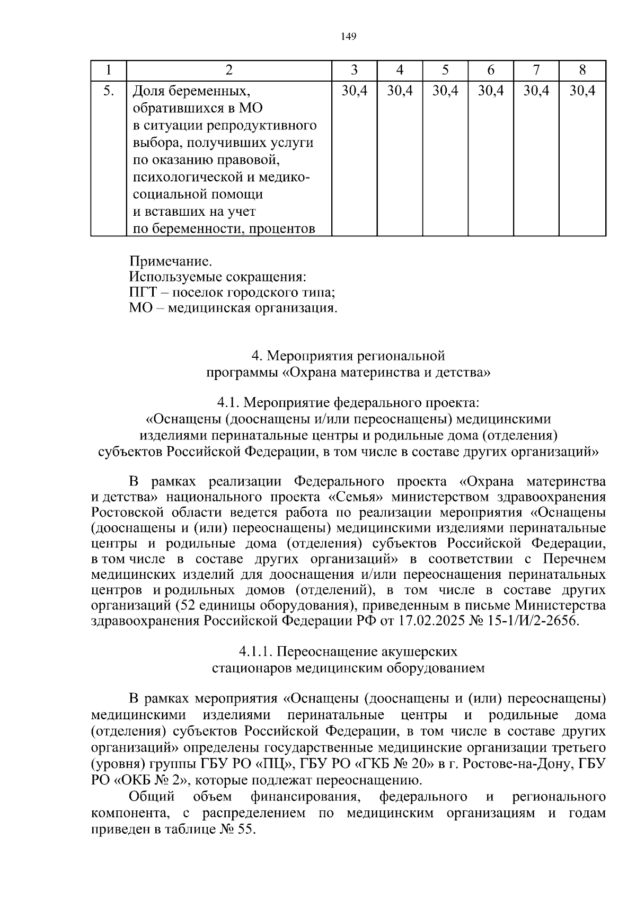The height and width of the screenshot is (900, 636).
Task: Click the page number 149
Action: click(x=349, y=36)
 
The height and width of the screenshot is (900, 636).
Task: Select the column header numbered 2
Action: click(x=228, y=70)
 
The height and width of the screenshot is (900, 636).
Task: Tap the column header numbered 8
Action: click(x=582, y=70)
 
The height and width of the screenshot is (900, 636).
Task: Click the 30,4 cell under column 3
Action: click(x=354, y=91)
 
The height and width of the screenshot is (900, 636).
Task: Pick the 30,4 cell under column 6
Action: click(x=490, y=91)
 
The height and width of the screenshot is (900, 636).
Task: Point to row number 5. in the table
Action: click(x=108, y=91)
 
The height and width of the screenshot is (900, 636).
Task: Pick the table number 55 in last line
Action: click(x=245, y=844)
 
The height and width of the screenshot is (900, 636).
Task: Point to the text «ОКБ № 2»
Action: click(x=151, y=780)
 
